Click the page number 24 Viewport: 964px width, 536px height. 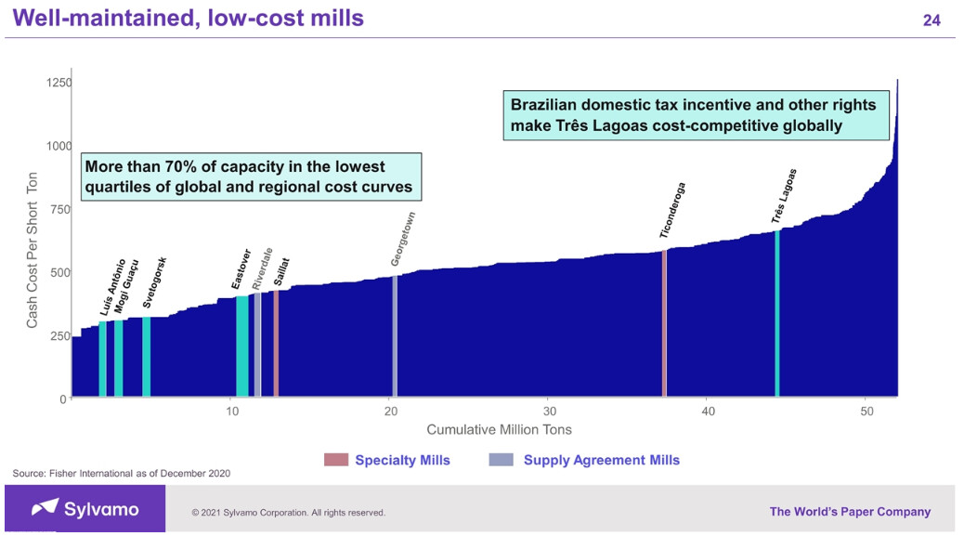931,20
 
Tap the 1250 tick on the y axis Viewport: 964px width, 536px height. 59,83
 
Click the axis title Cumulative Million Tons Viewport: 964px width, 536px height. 499,429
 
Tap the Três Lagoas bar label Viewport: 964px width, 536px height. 784,196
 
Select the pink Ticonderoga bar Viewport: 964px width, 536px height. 664,325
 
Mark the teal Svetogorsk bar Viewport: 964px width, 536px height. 147,358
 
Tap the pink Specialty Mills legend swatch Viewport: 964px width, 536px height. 334,460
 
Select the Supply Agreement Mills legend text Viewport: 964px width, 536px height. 601,460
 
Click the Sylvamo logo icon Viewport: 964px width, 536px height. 45,508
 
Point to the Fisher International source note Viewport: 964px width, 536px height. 122,474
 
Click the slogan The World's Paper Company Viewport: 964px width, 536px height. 850,511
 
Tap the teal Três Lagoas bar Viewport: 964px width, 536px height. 776,316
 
